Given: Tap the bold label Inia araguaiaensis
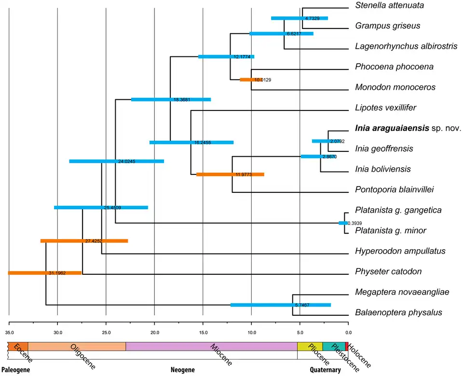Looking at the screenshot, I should point(392,128).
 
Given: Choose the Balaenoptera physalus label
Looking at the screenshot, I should point(398,313).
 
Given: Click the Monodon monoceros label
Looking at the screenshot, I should point(395,87).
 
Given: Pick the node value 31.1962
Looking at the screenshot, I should point(57,273).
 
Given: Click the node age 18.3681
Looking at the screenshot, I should point(181,100).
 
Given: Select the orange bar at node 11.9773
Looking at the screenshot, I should point(230,174).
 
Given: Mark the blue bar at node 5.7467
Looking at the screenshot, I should point(281,305).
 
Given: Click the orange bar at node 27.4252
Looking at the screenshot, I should point(84,241).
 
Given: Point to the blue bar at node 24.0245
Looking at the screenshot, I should point(116,161).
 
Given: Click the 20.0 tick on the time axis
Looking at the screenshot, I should point(154,332).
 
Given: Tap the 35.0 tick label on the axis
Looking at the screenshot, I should point(9,332).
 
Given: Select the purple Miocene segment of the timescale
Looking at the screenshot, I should point(211,346).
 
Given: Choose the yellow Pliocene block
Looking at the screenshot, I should point(310,346).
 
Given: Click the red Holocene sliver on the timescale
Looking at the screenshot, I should point(346,346).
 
